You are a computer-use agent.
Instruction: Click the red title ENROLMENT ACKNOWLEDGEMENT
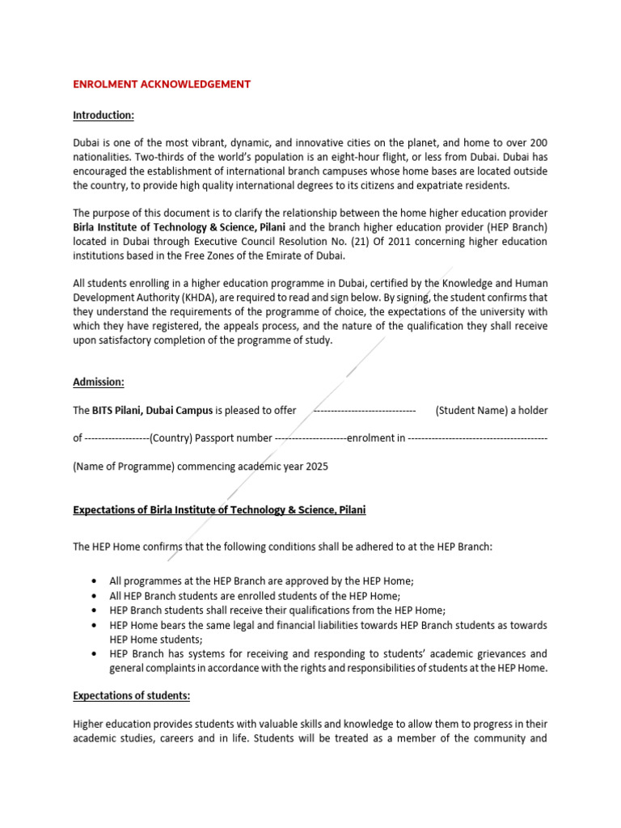[162, 84]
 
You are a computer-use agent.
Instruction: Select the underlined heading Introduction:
[103, 115]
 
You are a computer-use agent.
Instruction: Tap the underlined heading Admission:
[99, 382]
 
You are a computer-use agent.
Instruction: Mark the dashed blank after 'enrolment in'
[477, 438]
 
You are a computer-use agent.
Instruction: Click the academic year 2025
[316, 467]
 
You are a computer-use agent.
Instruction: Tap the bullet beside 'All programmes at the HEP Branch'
[96, 581]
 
